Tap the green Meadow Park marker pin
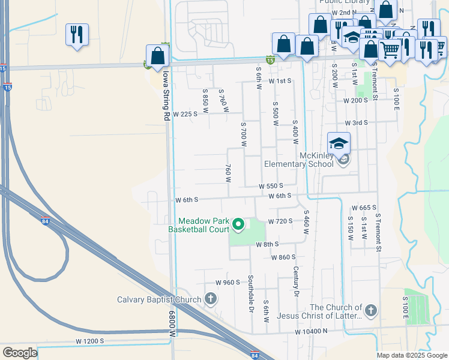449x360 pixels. (238, 225)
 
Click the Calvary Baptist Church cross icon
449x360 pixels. (210, 298)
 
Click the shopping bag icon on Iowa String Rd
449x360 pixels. (157, 56)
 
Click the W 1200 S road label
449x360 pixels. (89, 341)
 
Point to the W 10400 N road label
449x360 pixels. (311, 331)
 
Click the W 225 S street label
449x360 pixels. (185, 113)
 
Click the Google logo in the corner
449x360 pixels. (20, 352)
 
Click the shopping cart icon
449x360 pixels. (390, 50)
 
